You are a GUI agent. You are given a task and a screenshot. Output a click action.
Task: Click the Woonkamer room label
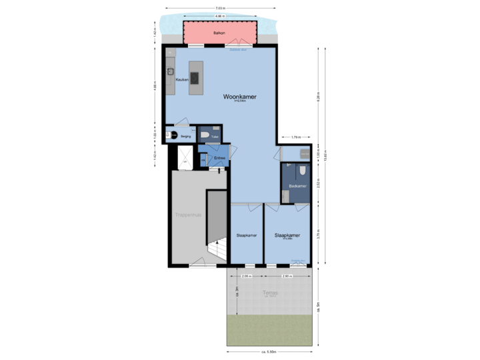tap(239, 97)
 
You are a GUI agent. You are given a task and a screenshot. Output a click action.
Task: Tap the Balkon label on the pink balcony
tap(219, 32)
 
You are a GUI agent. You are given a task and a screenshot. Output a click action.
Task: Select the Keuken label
tap(182, 79)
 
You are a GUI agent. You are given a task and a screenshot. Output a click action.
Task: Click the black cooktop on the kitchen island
tap(194, 77)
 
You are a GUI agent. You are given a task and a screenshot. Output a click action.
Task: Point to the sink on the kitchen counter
tap(171, 71)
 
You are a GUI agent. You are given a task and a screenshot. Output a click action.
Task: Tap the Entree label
tap(219, 158)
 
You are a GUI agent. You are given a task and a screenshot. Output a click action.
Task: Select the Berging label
tap(185, 136)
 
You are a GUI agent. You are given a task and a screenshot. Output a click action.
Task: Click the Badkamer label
tap(297, 186)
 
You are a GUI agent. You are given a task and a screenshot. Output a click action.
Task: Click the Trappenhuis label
tap(188, 215)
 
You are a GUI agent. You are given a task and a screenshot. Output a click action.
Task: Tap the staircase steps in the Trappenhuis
tap(217, 250)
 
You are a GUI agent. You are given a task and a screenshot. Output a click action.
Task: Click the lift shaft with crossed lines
tap(184, 157)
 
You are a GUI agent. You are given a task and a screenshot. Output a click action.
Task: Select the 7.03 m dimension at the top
tap(219, 9)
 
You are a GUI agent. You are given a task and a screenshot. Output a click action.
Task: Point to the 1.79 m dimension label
tap(295, 137)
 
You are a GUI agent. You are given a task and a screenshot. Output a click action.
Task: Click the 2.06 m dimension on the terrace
tap(246, 275)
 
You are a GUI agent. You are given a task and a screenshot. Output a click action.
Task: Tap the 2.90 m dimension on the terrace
tap(287, 275)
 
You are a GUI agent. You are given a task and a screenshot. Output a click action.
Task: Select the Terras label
tap(269, 293)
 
